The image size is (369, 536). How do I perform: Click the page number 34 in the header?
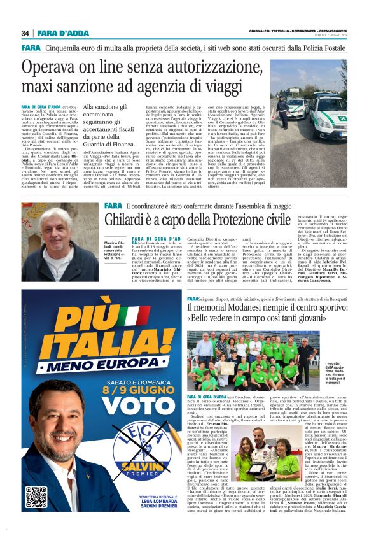pos(25,33)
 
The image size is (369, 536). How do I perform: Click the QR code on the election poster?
pos(36,496)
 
